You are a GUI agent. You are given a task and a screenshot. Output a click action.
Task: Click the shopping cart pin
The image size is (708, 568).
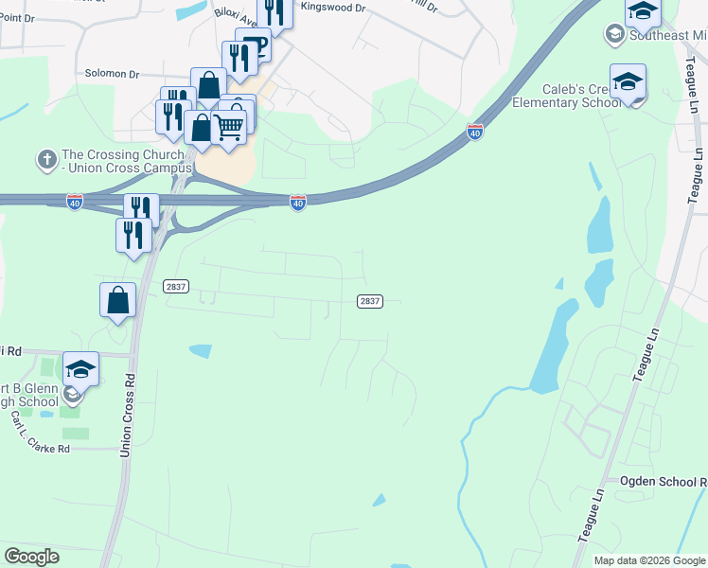229,124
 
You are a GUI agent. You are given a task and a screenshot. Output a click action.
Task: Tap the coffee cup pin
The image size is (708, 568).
254,45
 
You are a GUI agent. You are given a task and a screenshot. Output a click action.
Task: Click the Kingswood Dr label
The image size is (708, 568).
332,7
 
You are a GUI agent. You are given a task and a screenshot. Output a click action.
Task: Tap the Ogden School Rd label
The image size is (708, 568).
663,481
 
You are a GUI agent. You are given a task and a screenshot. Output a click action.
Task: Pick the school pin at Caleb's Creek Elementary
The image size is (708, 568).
627,81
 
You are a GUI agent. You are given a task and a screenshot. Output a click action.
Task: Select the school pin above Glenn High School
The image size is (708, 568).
81,368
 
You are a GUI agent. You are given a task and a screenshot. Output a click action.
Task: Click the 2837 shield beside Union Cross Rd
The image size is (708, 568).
175,286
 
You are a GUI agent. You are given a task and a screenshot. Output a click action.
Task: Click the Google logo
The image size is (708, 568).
32,557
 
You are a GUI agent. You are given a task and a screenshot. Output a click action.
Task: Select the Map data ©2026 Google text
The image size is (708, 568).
649,560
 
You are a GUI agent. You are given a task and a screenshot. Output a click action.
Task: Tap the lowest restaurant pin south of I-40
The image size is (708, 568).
133,234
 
